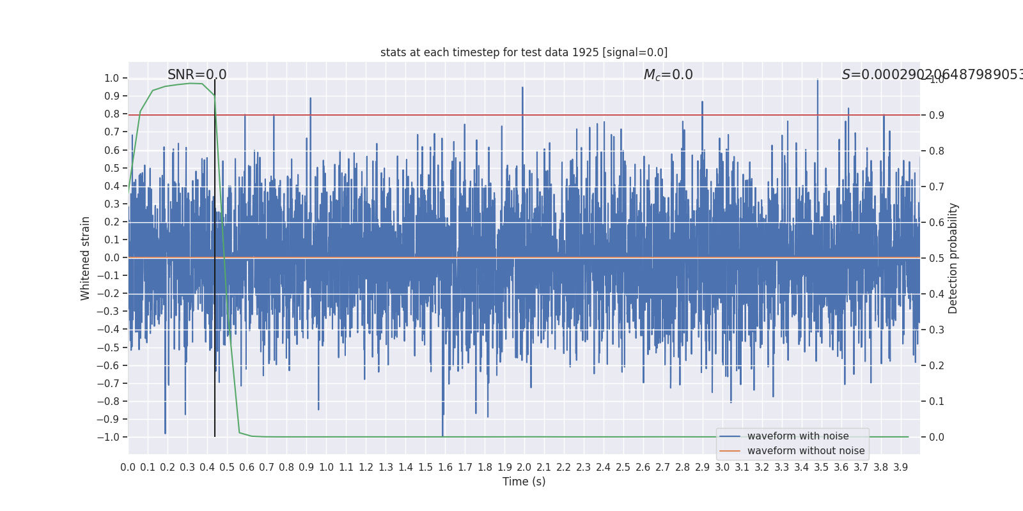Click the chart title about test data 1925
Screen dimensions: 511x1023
tap(524, 52)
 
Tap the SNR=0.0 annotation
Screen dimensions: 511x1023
tap(197, 75)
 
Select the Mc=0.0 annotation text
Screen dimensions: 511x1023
tap(668, 75)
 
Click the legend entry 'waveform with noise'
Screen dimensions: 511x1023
tap(797, 436)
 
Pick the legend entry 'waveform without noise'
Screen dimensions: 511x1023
tap(806, 451)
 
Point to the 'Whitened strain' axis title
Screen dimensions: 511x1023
tap(86, 258)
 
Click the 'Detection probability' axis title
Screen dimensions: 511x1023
tap(953, 258)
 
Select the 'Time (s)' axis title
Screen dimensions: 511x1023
tap(524, 482)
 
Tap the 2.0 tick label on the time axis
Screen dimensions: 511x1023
tap(524, 468)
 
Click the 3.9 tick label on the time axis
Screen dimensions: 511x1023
tap(900, 468)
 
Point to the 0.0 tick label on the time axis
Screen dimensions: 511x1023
tap(128, 468)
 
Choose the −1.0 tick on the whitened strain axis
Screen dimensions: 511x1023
tap(108, 438)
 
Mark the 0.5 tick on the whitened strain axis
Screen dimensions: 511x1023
tap(111, 169)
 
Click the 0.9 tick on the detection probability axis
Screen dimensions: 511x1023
tap(936, 116)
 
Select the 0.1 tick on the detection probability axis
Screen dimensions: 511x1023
tap(936, 402)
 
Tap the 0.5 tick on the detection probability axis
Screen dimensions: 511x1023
tap(936, 259)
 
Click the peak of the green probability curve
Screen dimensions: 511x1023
tap(191, 83)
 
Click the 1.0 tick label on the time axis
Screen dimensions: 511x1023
tap(326, 468)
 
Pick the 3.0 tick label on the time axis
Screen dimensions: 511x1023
tap(722, 468)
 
